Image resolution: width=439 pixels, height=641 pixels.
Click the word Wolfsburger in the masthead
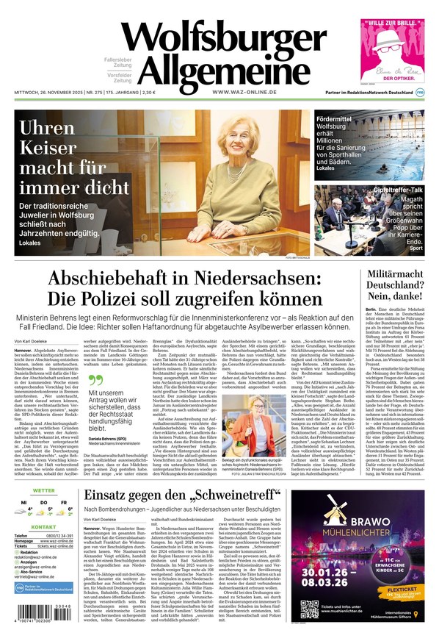tap(223, 37)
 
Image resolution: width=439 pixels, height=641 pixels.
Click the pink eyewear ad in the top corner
tap(392, 50)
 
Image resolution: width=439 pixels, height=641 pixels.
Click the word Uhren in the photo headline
tap(48, 129)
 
